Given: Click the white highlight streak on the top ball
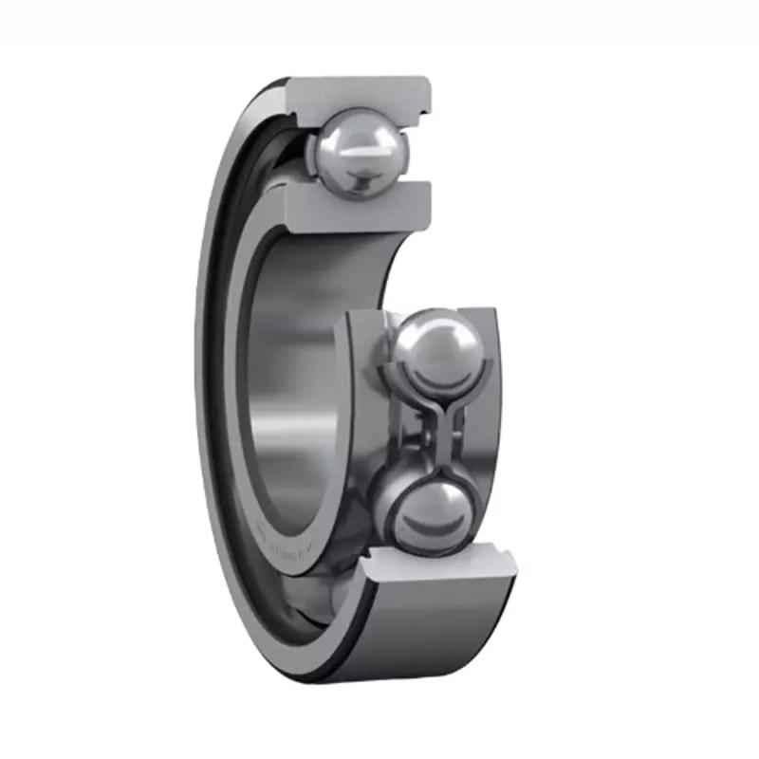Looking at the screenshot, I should pyautogui.click(x=365, y=142).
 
